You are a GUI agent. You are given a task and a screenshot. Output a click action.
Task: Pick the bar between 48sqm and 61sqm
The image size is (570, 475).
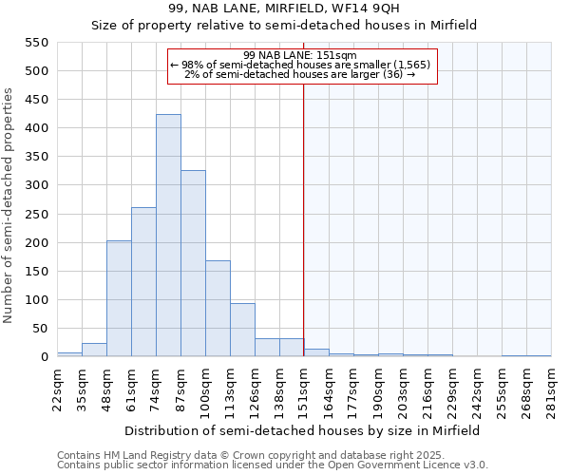(x=119, y=298)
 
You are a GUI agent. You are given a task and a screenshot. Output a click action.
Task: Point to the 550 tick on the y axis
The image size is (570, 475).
(x=35, y=43)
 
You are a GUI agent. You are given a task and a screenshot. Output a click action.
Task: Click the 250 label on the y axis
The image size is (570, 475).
(x=35, y=215)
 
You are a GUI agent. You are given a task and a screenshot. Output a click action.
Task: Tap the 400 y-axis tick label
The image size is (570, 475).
(x=35, y=128)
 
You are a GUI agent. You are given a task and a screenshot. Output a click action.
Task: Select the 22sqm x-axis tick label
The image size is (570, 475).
(x=57, y=389)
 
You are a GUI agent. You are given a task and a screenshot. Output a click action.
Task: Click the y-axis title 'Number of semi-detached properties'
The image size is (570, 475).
(x=9, y=205)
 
